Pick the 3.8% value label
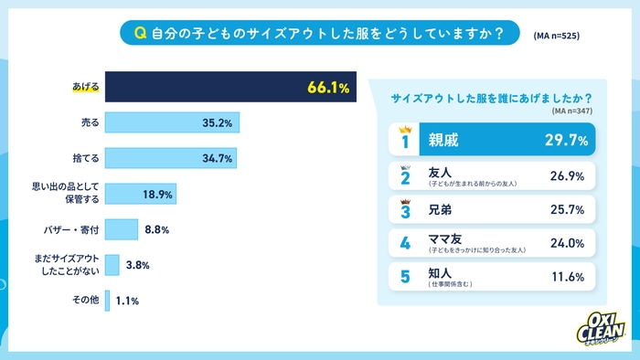click(136, 265)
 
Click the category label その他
click(84, 300)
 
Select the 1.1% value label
click(128, 300)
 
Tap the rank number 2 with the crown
click(405, 175)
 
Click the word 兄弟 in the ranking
click(441, 209)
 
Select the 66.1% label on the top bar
click(328, 88)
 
